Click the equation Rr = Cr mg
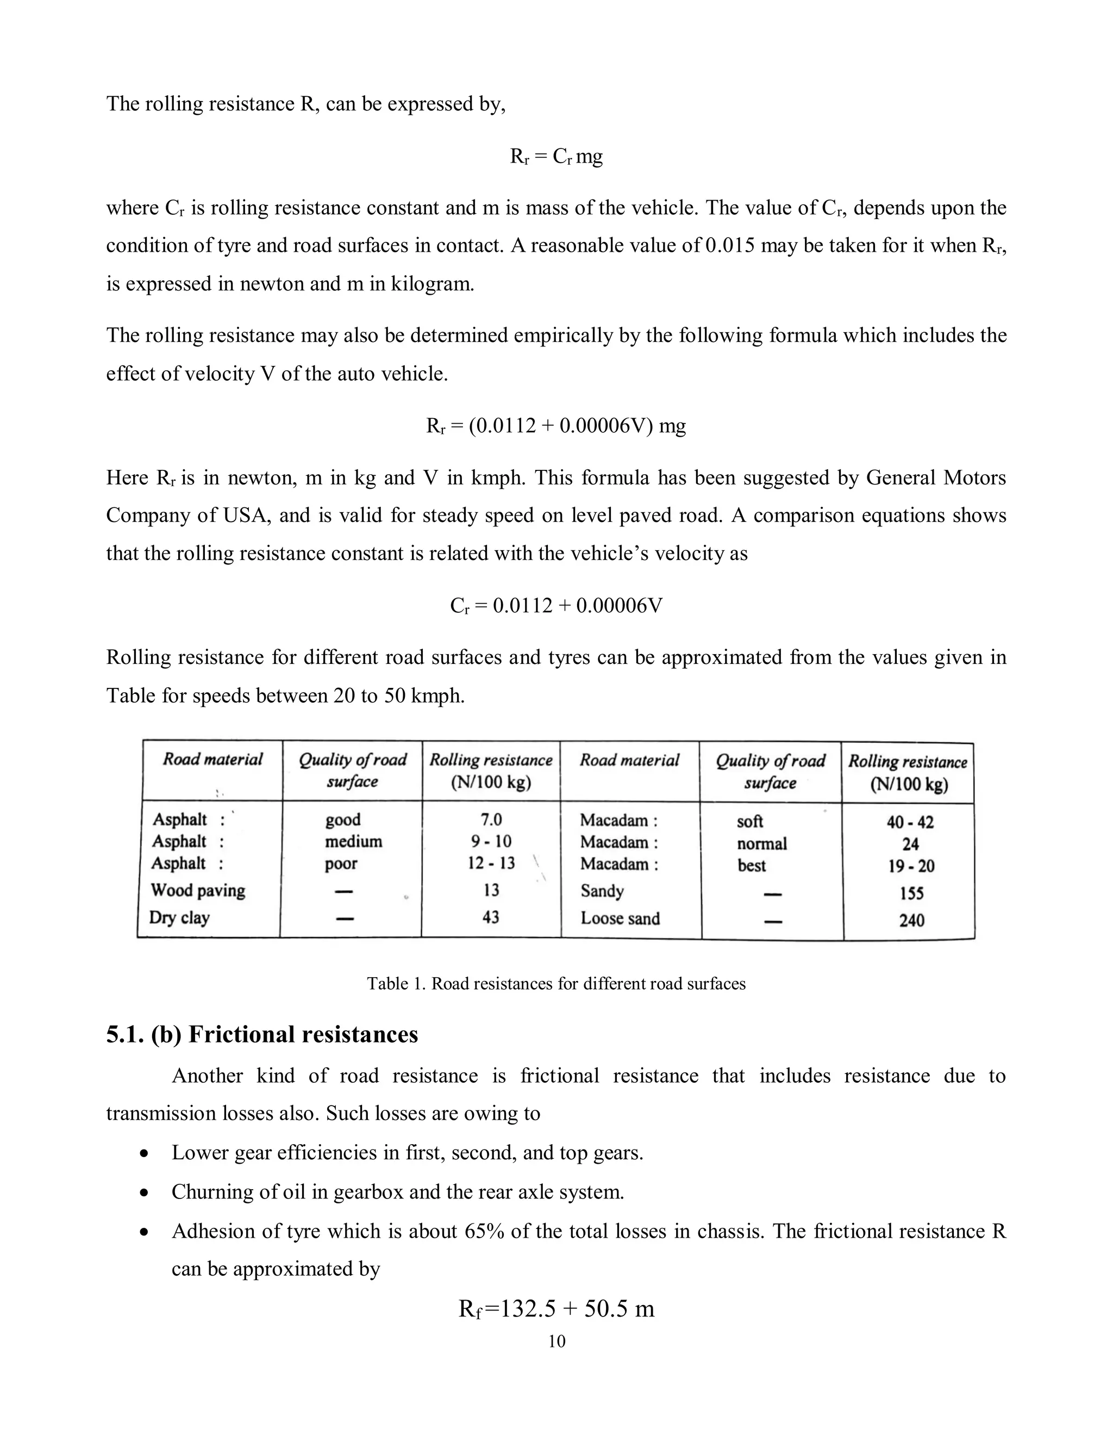click(x=556, y=157)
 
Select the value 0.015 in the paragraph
click(x=730, y=245)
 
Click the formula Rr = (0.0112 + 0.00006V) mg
click(x=556, y=426)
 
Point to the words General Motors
click(x=936, y=477)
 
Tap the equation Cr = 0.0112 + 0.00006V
click(x=556, y=605)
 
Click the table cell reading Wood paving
click(x=198, y=890)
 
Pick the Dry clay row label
click(x=179, y=917)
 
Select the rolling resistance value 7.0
click(x=491, y=819)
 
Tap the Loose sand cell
click(x=620, y=918)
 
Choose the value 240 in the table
click(x=911, y=920)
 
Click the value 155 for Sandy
click(x=911, y=893)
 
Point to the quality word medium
click(x=353, y=841)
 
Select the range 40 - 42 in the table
click(x=910, y=822)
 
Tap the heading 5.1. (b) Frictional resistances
click(x=262, y=1034)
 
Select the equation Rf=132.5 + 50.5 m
click(x=556, y=1308)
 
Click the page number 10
click(x=556, y=1341)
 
